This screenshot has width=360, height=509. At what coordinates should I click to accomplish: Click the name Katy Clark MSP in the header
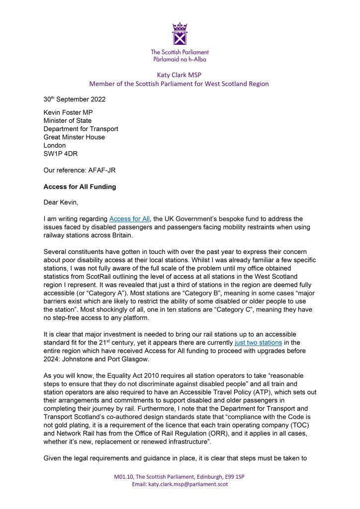pos(180,74)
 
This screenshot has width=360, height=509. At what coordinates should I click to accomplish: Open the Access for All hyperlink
pos(134,219)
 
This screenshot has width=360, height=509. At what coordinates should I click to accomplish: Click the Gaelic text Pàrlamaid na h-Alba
pos(180,59)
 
